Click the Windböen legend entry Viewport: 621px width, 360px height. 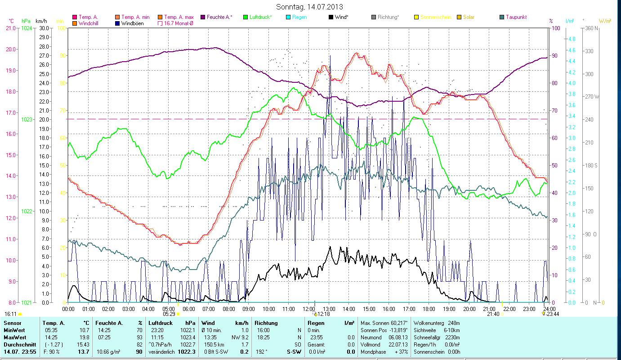[x=132, y=23]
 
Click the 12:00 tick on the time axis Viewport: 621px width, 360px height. [x=309, y=309]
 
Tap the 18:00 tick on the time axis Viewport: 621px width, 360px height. [x=429, y=309]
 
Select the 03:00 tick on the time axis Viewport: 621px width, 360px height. [x=128, y=309]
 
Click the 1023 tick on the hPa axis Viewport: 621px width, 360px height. [x=27, y=120]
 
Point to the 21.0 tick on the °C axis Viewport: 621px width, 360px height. [x=10, y=28]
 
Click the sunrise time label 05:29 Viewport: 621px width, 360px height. [x=169, y=314]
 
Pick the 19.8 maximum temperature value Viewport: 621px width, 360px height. [x=84, y=337]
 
